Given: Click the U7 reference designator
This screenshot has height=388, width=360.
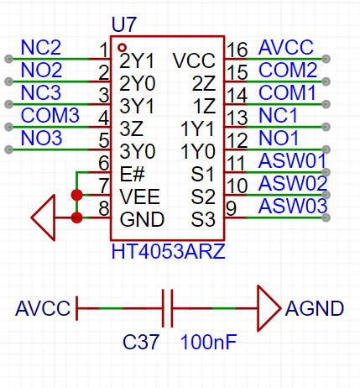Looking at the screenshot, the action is tap(124, 24).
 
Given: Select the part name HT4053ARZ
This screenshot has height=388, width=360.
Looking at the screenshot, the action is tap(168, 251).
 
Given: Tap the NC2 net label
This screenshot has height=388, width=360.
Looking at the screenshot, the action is tap(41, 47).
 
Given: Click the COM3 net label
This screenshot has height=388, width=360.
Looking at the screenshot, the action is tap(50, 115).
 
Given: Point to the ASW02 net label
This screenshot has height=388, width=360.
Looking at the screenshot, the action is tap(293, 183).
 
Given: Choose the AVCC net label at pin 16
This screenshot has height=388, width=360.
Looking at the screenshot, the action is tap(286, 47).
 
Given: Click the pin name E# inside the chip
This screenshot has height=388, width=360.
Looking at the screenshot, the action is tap(133, 174).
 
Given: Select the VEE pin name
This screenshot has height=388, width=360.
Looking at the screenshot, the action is tap(139, 197).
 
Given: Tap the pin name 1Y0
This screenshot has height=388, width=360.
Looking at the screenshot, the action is tap(198, 151).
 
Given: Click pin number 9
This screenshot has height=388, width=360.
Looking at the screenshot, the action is tap(231, 208).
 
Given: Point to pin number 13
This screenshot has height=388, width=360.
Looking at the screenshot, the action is tap(237, 118).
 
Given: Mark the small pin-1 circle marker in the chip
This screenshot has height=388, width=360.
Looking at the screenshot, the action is tap(122, 48).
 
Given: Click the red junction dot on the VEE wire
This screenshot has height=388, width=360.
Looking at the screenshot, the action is tap(76, 195).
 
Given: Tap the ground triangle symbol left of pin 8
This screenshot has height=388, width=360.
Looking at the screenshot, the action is tap(44, 218).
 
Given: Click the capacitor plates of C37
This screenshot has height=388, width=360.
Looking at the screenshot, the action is tap(167, 308).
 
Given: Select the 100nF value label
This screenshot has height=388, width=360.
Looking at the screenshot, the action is tap(208, 342).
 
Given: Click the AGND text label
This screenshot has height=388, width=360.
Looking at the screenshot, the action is tap(315, 308).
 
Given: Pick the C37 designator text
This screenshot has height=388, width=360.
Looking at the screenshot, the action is tap(141, 342).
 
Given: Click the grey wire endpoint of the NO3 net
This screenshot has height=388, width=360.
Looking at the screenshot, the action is tap(9, 149).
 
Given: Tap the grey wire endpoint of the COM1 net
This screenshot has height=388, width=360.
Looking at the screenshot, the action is tap(326, 104).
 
